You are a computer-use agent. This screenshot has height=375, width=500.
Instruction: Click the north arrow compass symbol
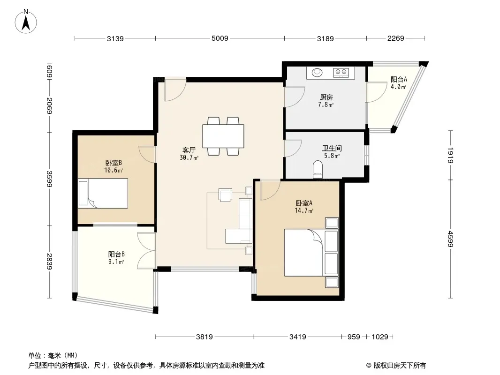tap(26, 21)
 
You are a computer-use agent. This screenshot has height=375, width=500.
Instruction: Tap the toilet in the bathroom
tap(318, 169)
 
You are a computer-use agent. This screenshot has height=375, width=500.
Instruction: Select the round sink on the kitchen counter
tap(317, 72)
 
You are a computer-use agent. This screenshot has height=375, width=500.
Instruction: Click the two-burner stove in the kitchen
tap(341, 72)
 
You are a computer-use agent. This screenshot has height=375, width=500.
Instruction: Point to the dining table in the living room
tap(223, 136)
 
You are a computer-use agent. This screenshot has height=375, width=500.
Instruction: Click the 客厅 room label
tap(189, 150)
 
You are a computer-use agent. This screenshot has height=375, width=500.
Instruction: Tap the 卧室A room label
tap(304, 203)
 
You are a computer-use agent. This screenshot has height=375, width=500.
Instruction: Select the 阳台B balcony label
tap(116, 254)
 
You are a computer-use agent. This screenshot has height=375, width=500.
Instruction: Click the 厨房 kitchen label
tap(326, 97)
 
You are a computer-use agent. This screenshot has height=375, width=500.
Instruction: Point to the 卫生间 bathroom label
tap(332, 148)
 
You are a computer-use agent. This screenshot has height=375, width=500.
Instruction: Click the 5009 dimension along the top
tap(220, 38)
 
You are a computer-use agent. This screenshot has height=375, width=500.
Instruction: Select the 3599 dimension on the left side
tap(49, 179)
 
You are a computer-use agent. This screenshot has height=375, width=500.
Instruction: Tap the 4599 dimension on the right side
tap(450, 239)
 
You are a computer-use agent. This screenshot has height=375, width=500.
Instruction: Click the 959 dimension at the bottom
tap(354, 337)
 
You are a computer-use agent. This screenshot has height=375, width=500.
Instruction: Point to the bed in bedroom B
tap(103, 194)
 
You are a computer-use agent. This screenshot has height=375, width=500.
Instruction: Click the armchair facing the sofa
tap(226, 195)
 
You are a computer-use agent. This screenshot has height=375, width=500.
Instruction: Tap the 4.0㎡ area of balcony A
tap(399, 87)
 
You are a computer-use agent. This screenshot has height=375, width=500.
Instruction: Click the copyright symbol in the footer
tap(369, 366)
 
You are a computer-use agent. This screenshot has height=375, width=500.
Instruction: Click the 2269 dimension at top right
tap(396, 38)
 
